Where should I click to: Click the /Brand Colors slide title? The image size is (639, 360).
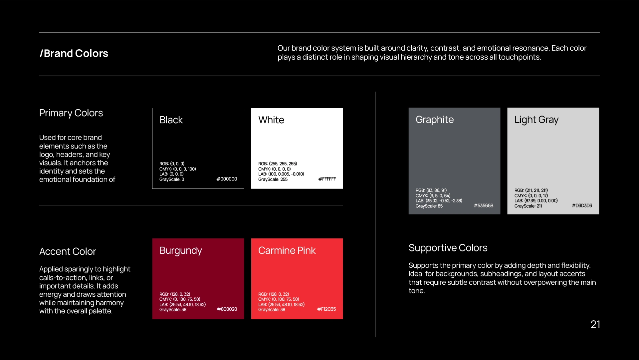pyautogui.click(x=74, y=53)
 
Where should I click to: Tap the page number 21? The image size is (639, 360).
pyautogui.click(x=595, y=324)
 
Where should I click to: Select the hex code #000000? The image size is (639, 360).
pyautogui.click(x=227, y=179)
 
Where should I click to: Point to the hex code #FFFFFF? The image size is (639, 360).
pyautogui.click(x=327, y=179)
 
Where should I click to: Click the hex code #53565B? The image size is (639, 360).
pyautogui.click(x=483, y=205)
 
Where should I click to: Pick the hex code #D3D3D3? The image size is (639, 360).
pyautogui.click(x=582, y=205)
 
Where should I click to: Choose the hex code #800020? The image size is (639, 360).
pyautogui.click(x=227, y=309)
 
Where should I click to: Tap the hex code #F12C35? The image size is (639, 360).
pyautogui.click(x=326, y=309)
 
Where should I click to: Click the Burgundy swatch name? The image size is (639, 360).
pyautogui.click(x=181, y=251)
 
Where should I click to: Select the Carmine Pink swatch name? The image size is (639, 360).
pyautogui.click(x=287, y=250)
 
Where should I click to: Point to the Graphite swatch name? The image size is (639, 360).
pyautogui.click(x=435, y=120)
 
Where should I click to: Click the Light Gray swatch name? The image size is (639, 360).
pyautogui.click(x=536, y=120)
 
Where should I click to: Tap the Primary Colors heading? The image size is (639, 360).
pyautogui.click(x=71, y=113)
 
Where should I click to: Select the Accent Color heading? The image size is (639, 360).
pyautogui.click(x=68, y=251)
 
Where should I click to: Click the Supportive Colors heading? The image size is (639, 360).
pyautogui.click(x=448, y=248)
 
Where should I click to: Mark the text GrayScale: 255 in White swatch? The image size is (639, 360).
pyautogui.click(x=273, y=180)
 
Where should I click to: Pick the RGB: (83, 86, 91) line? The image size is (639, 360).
pyautogui.click(x=431, y=190)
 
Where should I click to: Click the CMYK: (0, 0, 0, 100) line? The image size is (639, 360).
pyautogui.click(x=178, y=169)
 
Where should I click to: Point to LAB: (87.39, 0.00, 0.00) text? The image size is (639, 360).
pyautogui.click(x=536, y=201)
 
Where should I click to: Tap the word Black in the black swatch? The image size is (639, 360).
pyautogui.click(x=171, y=120)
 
